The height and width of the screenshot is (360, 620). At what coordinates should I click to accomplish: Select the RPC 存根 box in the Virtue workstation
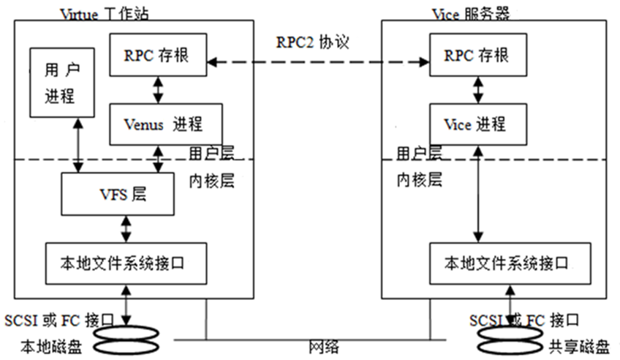(x=157, y=55)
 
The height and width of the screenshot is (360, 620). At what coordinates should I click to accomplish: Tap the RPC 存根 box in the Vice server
(x=478, y=55)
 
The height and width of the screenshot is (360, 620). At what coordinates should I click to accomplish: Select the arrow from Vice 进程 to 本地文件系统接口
(x=478, y=194)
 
